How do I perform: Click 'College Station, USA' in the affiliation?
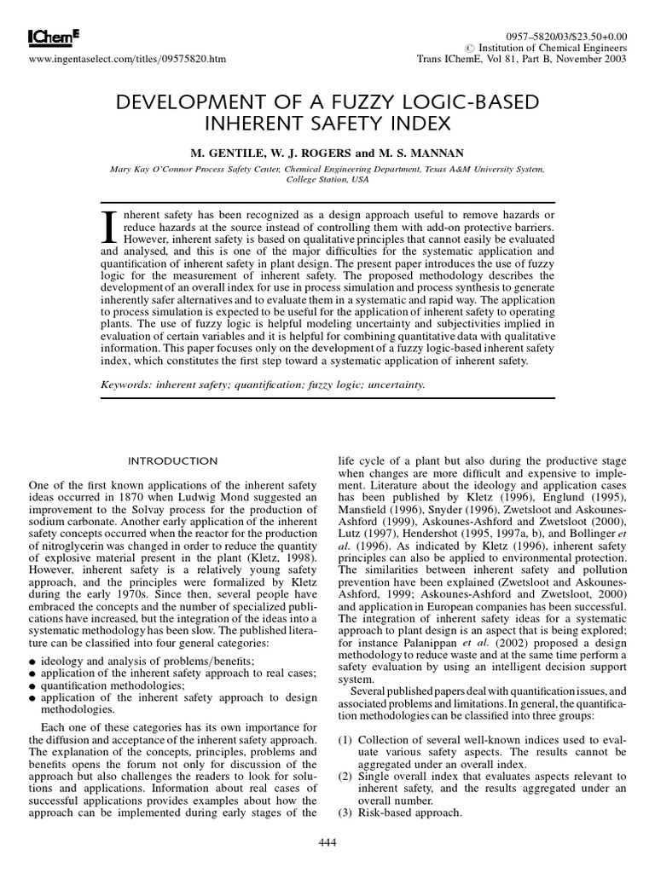pyautogui.click(x=327, y=180)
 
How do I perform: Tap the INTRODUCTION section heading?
pyautogui.click(x=172, y=461)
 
